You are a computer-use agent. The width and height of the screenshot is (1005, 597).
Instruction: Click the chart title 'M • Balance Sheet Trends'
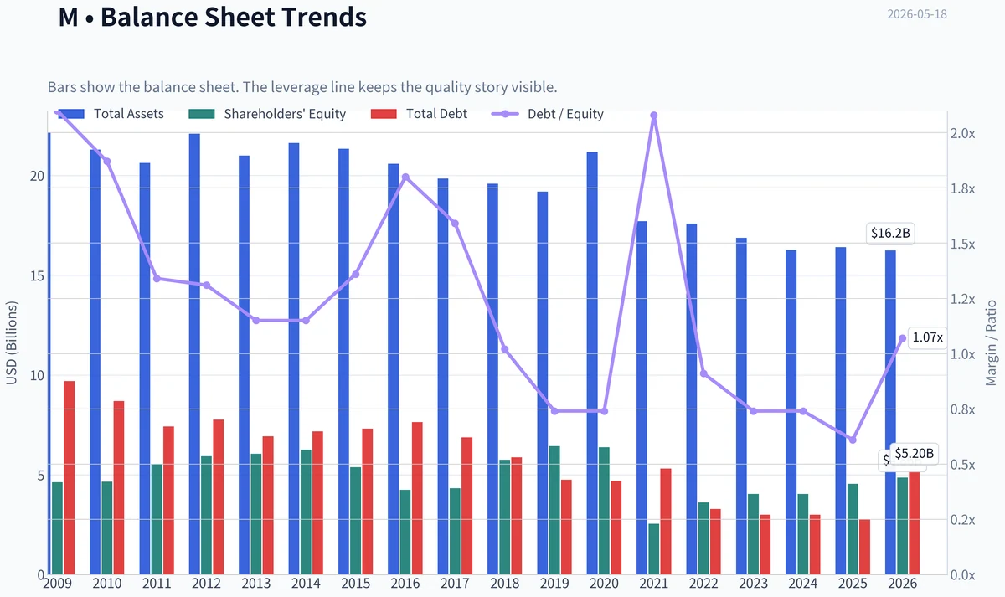click(212, 17)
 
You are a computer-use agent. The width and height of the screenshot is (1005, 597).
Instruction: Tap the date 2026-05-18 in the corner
click(916, 14)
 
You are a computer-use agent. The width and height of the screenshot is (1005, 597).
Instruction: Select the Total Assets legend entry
click(111, 114)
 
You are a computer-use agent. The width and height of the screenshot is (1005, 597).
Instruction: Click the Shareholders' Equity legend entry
click(267, 114)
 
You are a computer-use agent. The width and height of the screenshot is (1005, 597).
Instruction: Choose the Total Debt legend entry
click(419, 114)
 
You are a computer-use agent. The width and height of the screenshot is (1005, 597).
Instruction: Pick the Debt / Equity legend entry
click(548, 114)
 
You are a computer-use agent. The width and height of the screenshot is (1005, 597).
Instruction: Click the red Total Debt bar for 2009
click(69, 478)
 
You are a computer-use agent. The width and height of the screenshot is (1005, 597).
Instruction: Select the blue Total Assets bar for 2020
click(592, 363)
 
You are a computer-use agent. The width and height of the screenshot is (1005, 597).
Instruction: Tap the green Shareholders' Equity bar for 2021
click(654, 549)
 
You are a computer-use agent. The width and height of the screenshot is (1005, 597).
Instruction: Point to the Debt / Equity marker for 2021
click(654, 116)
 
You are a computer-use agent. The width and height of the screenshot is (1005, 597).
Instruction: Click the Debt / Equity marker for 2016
click(405, 178)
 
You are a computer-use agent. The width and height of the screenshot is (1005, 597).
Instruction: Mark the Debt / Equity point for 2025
click(853, 440)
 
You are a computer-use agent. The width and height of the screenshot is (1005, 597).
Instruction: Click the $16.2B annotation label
click(890, 234)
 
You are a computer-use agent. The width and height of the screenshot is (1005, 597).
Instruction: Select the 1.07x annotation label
click(927, 337)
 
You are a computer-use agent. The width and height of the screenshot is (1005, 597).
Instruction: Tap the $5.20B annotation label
click(915, 454)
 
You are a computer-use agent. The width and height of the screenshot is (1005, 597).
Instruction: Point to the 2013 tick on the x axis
click(255, 583)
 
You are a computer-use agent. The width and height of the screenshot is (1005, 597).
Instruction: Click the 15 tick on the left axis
click(37, 275)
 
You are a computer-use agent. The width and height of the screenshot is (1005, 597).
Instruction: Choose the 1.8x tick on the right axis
click(963, 189)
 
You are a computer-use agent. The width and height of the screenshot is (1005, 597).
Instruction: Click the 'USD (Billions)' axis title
click(11, 343)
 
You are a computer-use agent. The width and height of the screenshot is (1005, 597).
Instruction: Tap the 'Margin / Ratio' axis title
click(991, 343)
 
